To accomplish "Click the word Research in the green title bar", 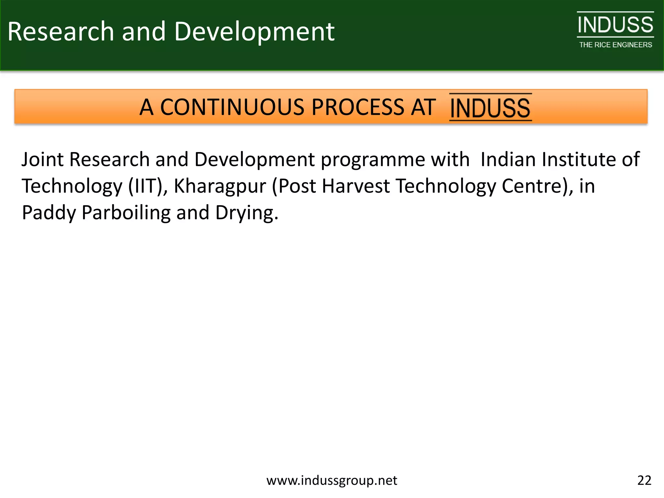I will coord(61,31).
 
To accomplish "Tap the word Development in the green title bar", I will coord(254,32).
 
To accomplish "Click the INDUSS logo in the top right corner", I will coord(615,25).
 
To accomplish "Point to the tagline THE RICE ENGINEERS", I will coord(615,45).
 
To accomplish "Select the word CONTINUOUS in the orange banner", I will coord(232,107).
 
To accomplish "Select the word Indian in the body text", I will coord(508,160).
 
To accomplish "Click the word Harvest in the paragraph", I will coord(356,186).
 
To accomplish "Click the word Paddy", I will coord(49,213).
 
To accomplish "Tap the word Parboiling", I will coord(126,213).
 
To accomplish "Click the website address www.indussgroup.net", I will coord(332,480).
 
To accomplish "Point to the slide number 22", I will coord(644,480).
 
